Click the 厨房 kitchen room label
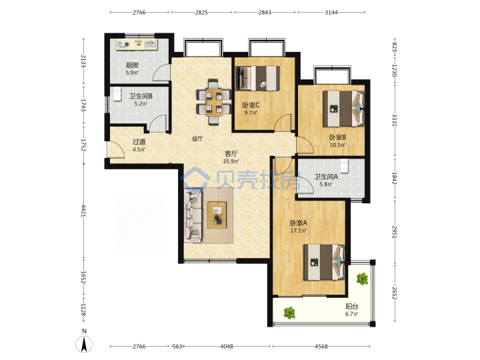coord(132,65)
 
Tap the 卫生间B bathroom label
coord(141,96)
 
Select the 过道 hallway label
coord(139,142)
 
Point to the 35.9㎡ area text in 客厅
coord(231,161)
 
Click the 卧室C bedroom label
coord(251,105)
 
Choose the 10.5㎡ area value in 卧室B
coord(337,145)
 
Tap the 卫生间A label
coord(326,177)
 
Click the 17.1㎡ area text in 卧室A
coord(299,231)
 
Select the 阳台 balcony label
coord(352,307)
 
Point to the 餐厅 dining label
coord(197,139)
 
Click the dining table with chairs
coord(213,102)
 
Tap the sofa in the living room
coord(193,216)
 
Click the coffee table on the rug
coord(217,215)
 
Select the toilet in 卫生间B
coord(117,94)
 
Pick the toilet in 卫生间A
coord(345,166)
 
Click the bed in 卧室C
coord(257,79)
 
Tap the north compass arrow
coord(84,344)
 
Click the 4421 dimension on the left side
coord(83,211)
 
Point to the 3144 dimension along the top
coord(331,13)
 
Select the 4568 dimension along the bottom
coord(321,347)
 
